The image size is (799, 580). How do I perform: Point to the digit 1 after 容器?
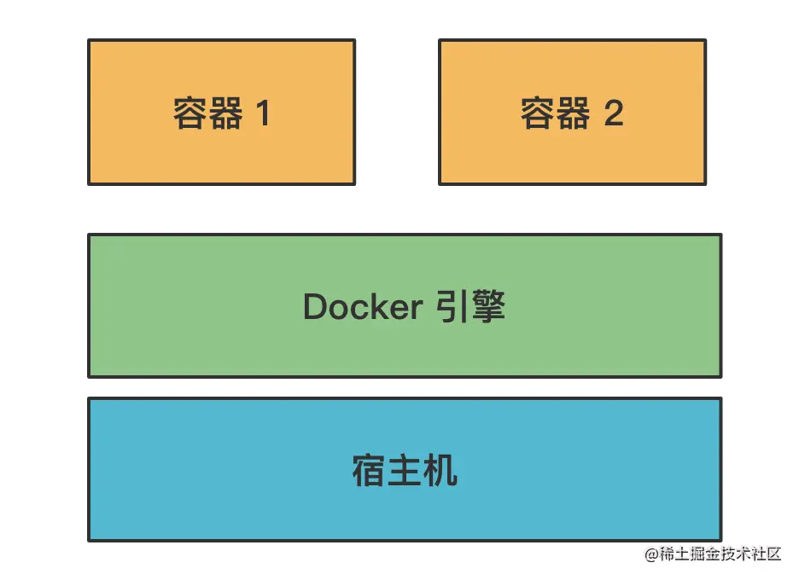click(x=262, y=113)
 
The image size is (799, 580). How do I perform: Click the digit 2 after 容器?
click(x=613, y=113)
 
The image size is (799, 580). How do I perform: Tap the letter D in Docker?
click(x=314, y=307)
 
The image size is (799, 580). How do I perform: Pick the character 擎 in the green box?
click(x=487, y=306)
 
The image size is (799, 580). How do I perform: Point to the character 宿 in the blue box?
click(x=368, y=470)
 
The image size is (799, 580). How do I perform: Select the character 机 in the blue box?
click(x=440, y=470)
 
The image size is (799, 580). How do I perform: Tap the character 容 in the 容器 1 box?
click(x=190, y=113)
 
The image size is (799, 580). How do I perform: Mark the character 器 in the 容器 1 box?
click(x=225, y=113)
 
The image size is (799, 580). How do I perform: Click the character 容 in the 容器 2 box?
click(x=538, y=113)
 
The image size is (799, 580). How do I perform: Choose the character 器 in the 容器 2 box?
click(x=574, y=113)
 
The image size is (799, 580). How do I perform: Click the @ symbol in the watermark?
click(x=653, y=554)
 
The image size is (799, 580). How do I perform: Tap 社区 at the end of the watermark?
click(x=766, y=554)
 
